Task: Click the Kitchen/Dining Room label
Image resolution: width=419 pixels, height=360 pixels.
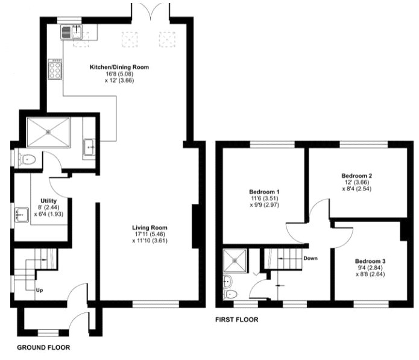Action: pyautogui.click(x=119, y=67)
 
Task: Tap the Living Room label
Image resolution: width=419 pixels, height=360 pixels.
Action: pyautogui.click(x=150, y=228)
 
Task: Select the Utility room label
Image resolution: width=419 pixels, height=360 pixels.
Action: pyautogui.click(x=49, y=201)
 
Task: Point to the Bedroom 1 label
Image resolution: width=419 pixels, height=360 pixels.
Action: pyautogui.click(x=264, y=192)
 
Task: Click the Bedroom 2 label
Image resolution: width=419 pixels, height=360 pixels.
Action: pyautogui.click(x=357, y=176)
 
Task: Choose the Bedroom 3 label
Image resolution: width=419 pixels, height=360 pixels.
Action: pyautogui.click(x=370, y=261)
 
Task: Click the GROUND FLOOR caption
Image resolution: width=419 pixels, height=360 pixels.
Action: pyautogui.click(x=43, y=347)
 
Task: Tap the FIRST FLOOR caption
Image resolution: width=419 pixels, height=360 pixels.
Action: pyautogui.click(x=237, y=320)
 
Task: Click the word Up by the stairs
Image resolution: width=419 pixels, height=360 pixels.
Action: pyautogui.click(x=39, y=290)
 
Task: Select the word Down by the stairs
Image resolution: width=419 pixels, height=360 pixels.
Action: pyautogui.click(x=310, y=259)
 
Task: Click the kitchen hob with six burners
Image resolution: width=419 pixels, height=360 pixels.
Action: pyautogui.click(x=55, y=69)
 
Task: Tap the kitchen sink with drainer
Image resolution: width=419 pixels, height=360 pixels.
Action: pyautogui.click(x=72, y=32)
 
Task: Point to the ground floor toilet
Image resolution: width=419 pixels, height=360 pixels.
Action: pyautogui.click(x=27, y=160)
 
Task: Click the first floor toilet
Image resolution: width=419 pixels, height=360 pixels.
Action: pyautogui.click(x=230, y=294)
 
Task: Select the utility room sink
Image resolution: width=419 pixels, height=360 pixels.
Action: pyautogui.click(x=22, y=215)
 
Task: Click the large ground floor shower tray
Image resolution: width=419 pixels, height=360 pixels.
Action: pyautogui.click(x=49, y=132)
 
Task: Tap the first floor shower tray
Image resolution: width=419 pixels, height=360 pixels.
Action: pyautogui.click(x=235, y=261)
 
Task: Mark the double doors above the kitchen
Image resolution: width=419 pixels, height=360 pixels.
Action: pyautogui.click(x=151, y=11)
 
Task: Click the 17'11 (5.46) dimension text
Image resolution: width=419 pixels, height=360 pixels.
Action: pyautogui.click(x=150, y=234)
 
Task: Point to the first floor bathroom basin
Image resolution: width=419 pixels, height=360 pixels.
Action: pyautogui.click(x=228, y=281)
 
